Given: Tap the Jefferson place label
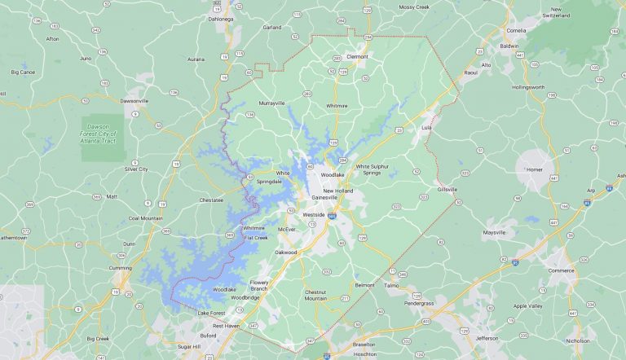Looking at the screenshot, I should pos(487,337).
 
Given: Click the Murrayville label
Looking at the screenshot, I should pos(271,103).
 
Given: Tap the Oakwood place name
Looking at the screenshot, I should pos(285,252).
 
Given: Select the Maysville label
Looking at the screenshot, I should pos(495,232).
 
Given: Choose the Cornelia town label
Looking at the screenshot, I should pos(539,30).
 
